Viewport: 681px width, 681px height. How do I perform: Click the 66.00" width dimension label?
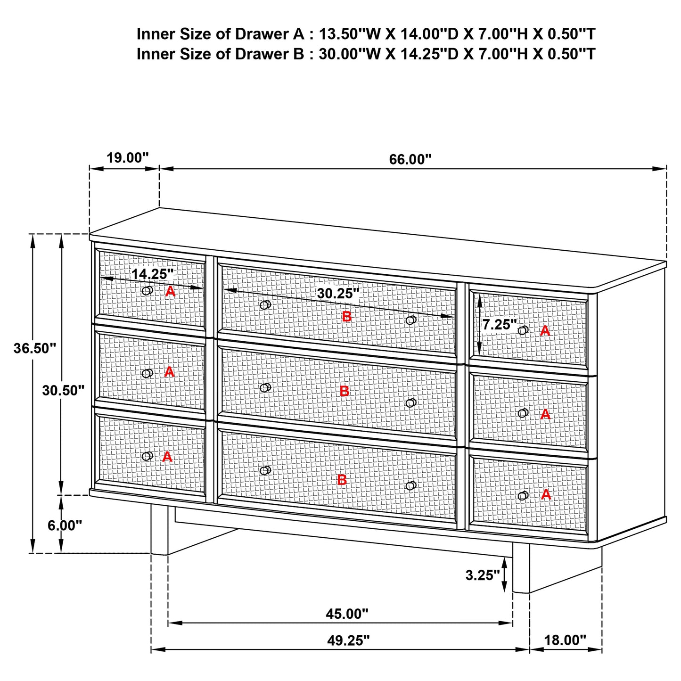[x=410, y=159]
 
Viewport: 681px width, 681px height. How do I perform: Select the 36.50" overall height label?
[x=35, y=349]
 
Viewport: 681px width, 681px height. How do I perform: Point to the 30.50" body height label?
[x=63, y=390]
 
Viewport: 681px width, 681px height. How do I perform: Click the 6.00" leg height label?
[x=65, y=525]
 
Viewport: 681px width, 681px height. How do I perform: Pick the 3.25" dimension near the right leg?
[x=482, y=575]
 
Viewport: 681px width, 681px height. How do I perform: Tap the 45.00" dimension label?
[x=347, y=614]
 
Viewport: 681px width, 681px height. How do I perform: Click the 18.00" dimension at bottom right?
[x=565, y=640]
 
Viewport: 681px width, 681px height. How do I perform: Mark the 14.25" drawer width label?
[x=152, y=274]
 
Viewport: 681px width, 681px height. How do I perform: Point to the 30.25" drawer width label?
[x=338, y=294]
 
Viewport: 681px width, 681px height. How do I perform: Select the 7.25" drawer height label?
[x=500, y=325]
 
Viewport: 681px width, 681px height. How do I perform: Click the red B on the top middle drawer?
[x=346, y=317]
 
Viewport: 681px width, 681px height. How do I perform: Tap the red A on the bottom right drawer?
[x=546, y=494]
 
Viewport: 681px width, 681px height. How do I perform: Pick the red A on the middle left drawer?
[x=169, y=372]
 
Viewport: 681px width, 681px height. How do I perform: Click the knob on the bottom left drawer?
[x=148, y=456]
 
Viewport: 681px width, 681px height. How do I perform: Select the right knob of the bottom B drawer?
[x=411, y=485]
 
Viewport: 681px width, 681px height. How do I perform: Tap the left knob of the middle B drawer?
[x=265, y=388]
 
